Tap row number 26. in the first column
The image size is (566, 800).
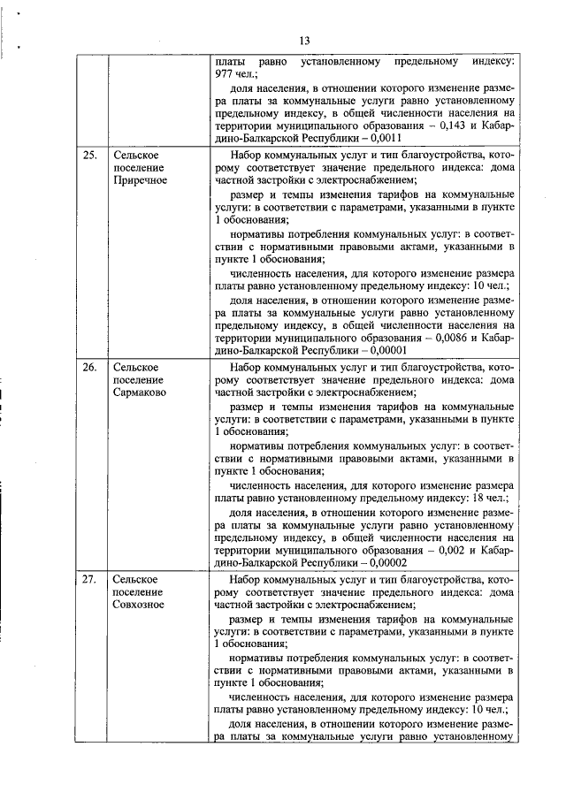[x=89, y=365]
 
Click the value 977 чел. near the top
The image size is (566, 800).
[x=233, y=75]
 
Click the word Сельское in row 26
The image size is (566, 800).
[x=135, y=366]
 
